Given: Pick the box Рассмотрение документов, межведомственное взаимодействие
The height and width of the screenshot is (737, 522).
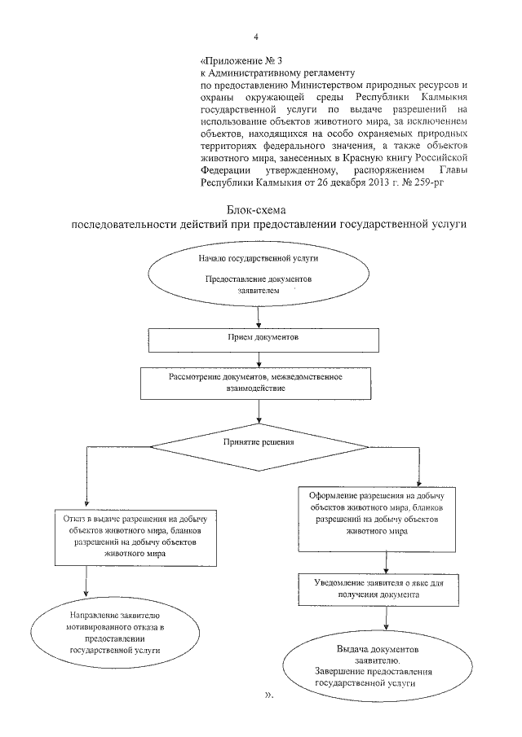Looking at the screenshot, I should click(261, 383).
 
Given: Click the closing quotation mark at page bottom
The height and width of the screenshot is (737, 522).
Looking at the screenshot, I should click(270, 696).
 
